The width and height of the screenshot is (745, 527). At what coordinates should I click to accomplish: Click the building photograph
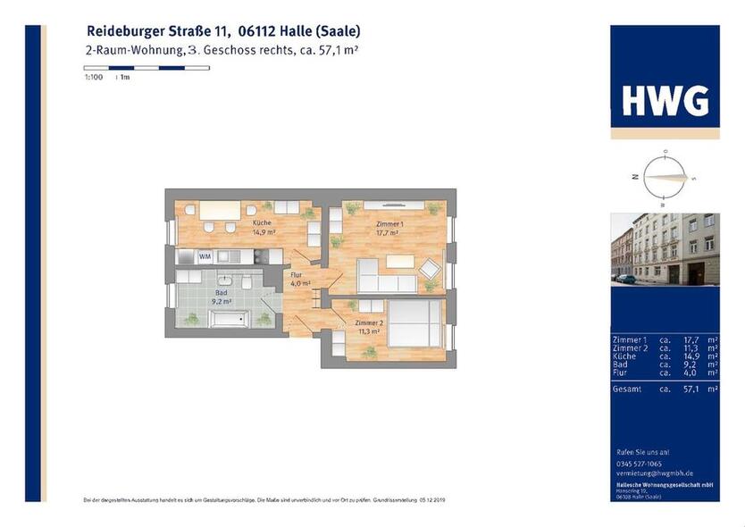click(x=665, y=249)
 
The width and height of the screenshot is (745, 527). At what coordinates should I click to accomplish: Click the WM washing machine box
click(x=205, y=256)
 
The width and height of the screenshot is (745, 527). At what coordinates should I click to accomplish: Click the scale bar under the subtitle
click(x=146, y=68)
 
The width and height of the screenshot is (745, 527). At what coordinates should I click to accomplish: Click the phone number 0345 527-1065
click(x=640, y=464)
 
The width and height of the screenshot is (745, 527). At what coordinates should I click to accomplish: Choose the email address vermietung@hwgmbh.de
click(x=656, y=473)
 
